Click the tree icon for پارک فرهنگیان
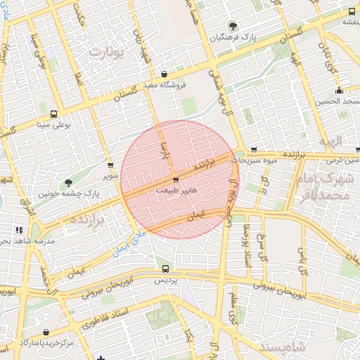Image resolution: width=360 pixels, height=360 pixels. coord(222,26)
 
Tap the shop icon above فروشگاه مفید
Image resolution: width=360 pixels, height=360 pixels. coord(164,75)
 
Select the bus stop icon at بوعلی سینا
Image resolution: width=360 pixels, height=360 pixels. coord(53,114)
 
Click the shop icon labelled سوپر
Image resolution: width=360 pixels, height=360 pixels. coord(110,166)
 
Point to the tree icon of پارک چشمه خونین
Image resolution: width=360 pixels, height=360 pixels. coord(67,183)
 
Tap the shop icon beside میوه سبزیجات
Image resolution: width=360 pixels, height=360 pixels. coord(253,150)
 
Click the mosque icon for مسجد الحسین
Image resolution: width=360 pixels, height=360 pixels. coord(339,90)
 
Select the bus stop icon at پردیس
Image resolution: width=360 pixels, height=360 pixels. coord(165,269)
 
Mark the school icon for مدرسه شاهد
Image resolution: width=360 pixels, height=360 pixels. coord(19,230)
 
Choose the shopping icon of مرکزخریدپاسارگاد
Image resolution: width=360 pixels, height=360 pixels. coord(46,332)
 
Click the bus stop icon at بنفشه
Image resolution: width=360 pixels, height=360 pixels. coord(351,12)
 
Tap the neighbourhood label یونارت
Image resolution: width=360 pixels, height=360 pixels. coord(107,53)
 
